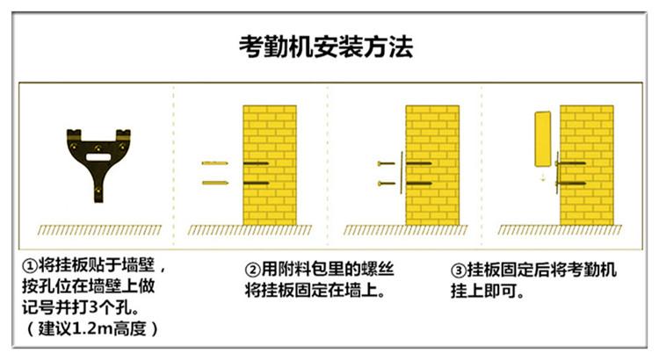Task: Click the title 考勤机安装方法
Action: tap(326, 47)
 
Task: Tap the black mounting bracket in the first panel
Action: tap(98, 158)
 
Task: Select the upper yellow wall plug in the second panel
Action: tap(214, 164)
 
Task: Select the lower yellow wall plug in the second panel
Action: tap(214, 183)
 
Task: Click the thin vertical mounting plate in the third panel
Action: tap(401, 173)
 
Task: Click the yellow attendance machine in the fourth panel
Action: tap(543, 139)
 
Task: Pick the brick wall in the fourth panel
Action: tap(590, 167)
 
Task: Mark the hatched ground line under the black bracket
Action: tap(99, 231)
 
